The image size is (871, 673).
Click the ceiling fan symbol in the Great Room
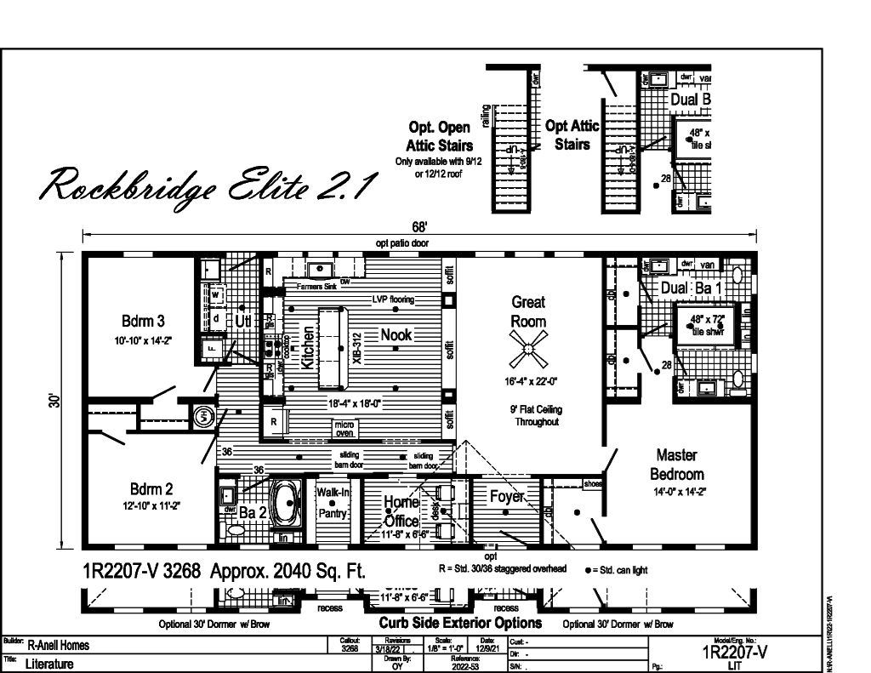(x=528, y=348)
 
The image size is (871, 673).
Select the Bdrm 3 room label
(x=143, y=321)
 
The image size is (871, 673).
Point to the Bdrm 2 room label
(x=151, y=489)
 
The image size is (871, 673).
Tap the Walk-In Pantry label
(x=332, y=503)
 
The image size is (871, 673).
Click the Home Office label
(x=401, y=510)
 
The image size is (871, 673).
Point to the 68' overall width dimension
(x=419, y=227)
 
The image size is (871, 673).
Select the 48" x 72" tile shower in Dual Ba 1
(x=705, y=326)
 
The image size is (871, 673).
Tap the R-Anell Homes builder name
(x=59, y=645)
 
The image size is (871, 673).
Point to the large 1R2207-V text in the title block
(x=735, y=653)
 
